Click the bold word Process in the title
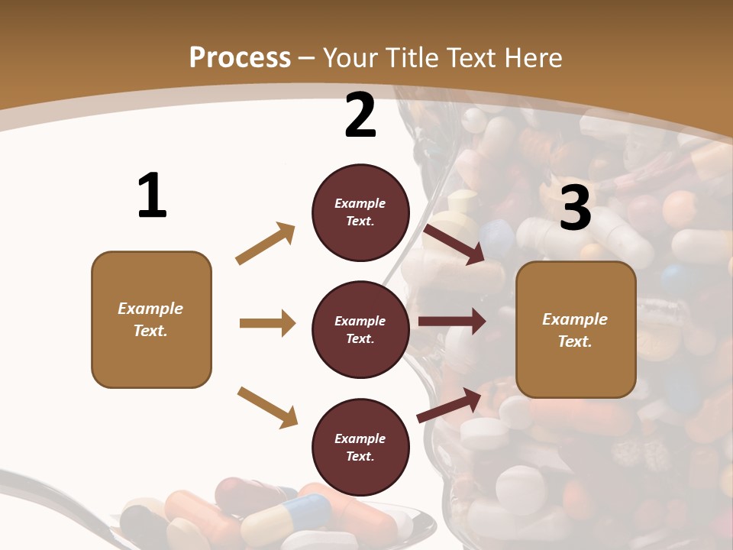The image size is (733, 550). pos(240,58)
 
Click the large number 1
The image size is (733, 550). pos(152,196)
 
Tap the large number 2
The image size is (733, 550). pos(360,116)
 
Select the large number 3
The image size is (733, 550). pos(576,209)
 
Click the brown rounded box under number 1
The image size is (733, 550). pos(151,319)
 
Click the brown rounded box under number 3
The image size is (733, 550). pos(576,330)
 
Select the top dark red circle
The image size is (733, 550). pos(360,212)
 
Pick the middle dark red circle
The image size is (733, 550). pos(360,330)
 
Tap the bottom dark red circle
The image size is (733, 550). pos(360,448)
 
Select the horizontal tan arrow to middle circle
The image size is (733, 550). pos(266,323)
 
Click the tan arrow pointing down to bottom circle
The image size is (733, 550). pos(267,407)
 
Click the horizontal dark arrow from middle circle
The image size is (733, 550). pos(451,322)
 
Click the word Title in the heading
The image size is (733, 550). pos(411,58)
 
